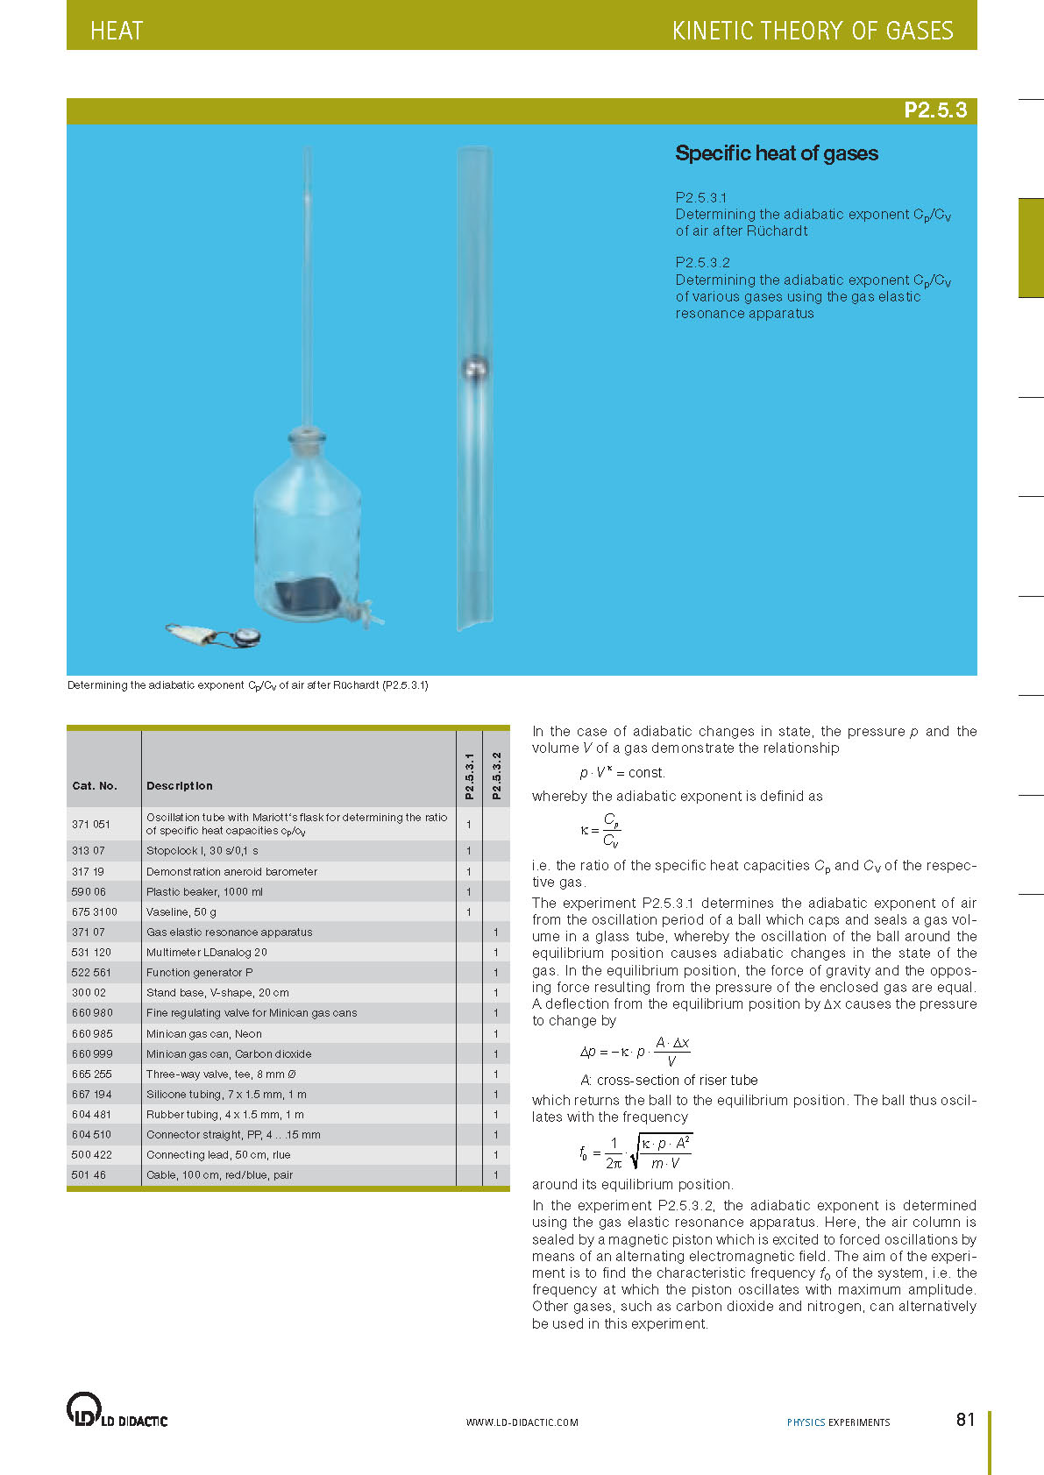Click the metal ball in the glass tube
click(x=474, y=369)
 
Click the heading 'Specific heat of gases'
click(x=776, y=153)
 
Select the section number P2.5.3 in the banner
click(x=935, y=110)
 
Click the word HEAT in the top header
click(x=117, y=32)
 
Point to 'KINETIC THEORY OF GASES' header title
click(x=812, y=32)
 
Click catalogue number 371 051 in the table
click(x=91, y=824)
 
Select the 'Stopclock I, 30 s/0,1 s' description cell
click(x=202, y=851)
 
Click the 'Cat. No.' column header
click(x=95, y=786)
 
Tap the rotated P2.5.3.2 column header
click(x=496, y=775)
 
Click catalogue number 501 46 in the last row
click(x=89, y=1175)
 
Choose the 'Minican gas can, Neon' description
click(x=204, y=1034)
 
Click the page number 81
click(x=965, y=1420)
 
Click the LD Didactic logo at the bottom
click(x=117, y=1410)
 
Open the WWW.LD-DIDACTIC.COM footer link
click(x=522, y=1422)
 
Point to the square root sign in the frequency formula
click(x=636, y=1152)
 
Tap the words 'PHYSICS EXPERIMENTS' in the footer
click(x=838, y=1422)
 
